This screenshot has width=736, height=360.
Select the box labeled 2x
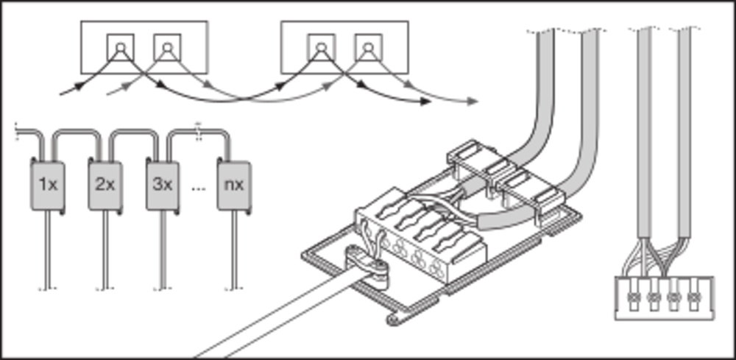pyautogui.click(x=105, y=184)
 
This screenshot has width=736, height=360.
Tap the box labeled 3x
pyautogui.click(x=163, y=184)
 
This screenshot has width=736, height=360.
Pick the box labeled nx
pyautogui.click(x=233, y=184)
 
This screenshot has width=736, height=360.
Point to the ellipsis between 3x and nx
pyautogui.click(x=198, y=188)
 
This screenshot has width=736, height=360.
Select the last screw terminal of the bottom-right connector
pyautogui.click(x=693, y=298)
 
